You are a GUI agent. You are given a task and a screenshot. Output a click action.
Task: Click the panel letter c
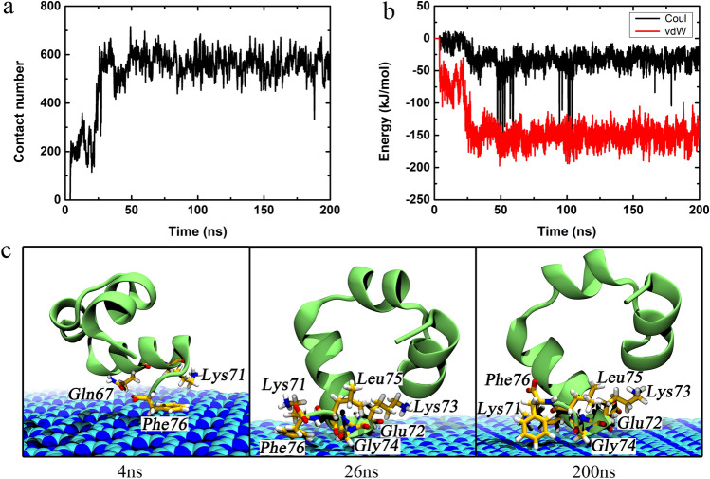[x=9, y=253]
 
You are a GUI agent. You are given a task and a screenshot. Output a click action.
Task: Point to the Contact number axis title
[x=13, y=104]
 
